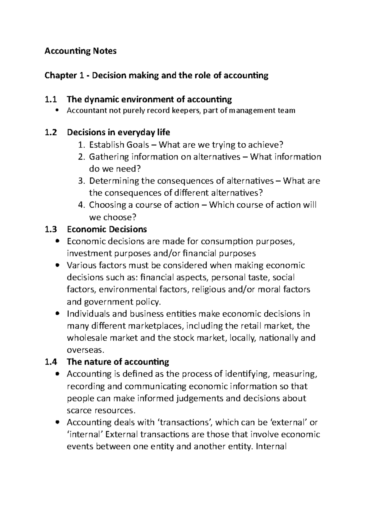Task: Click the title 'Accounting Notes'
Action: [80, 51]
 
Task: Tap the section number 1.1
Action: [51, 100]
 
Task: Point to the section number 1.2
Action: [51, 133]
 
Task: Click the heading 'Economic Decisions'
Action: [107, 229]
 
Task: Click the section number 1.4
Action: [51, 362]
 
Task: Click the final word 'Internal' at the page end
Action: [271, 447]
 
